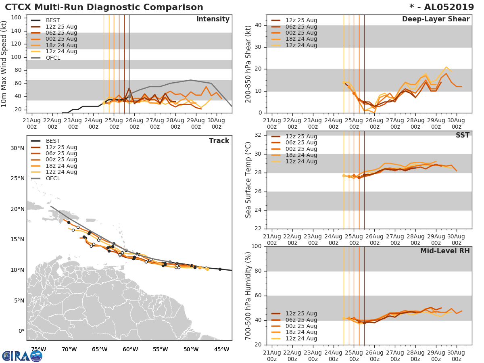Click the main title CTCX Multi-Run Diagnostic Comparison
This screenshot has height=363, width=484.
click(x=104, y=7)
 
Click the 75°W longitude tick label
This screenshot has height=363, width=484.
click(x=38, y=349)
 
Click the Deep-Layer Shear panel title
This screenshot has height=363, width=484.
click(x=436, y=19)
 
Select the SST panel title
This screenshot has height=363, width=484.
click(x=462, y=135)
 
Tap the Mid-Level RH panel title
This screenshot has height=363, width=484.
click(x=445, y=251)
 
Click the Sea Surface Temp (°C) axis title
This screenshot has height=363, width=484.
click(x=248, y=179)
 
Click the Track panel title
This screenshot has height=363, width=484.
click(x=219, y=141)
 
